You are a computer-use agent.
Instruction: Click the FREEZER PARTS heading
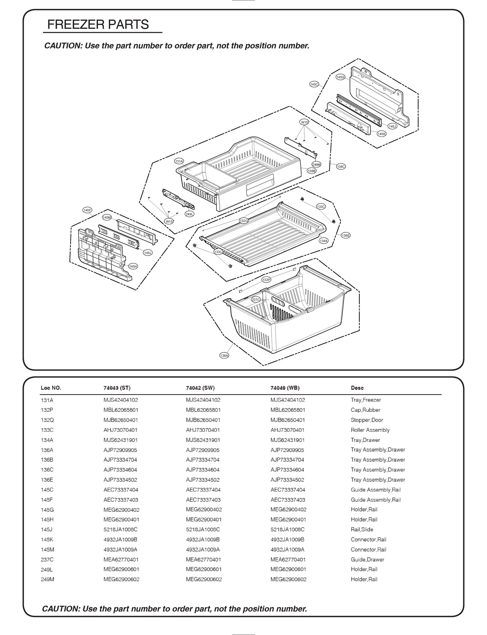(98, 25)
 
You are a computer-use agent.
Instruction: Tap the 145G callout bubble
(340, 77)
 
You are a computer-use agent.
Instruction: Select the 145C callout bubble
(314, 84)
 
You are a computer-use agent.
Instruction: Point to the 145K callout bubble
(382, 134)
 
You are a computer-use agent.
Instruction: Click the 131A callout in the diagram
(179, 161)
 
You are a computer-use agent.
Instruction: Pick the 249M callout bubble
(317, 165)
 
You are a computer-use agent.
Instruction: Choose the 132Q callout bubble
(244, 221)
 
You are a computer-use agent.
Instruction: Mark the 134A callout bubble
(323, 241)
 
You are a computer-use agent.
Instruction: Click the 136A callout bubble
(224, 356)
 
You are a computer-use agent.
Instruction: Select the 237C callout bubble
(256, 300)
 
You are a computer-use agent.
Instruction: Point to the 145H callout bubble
(133, 266)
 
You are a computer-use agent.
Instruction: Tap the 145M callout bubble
(107, 217)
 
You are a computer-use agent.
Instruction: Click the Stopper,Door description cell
(367, 420)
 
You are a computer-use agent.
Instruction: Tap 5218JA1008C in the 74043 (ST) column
(120, 529)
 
